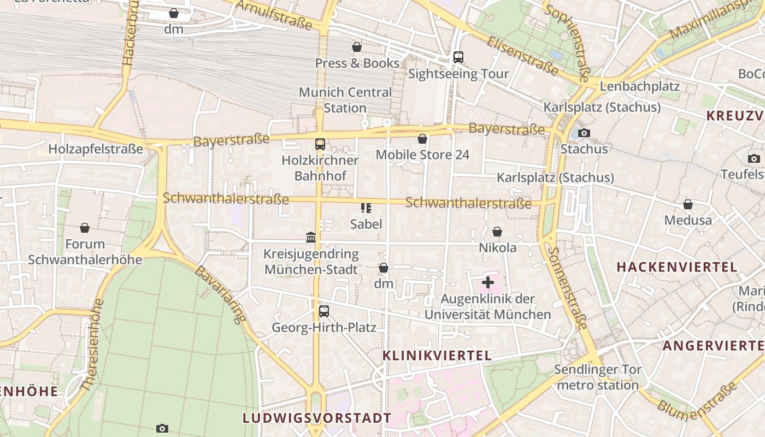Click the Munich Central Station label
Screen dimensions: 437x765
(x=345, y=100)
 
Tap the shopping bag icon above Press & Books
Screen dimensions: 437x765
(x=357, y=48)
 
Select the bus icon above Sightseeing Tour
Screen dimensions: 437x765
(x=458, y=57)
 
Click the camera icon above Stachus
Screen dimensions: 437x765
(x=584, y=133)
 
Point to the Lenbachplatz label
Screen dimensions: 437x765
(x=639, y=86)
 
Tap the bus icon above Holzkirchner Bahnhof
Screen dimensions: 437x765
(x=320, y=144)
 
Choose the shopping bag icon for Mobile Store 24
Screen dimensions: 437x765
(x=422, y=139)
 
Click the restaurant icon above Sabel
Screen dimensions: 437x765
(x=366, y=208)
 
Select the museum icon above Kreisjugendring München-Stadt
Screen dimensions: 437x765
(x=311, y=237)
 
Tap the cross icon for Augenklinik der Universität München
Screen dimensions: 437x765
(x=488, y=282)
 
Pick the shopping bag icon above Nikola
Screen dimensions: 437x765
(x=497, y=232)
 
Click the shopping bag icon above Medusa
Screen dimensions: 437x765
(x=688, y=204)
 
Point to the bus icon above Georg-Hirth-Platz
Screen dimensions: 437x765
(x=324, y=311)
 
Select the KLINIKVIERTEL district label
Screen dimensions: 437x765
(x=437, y=356)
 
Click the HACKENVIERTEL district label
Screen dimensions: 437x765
(x=677, y=267)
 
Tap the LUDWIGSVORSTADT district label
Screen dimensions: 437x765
(x=317, y=418)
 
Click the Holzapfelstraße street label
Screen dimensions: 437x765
(x=96, y=149)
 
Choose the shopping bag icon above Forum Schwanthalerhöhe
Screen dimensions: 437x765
(x=85, y=228)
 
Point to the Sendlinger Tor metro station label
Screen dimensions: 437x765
(x=598, y=377)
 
